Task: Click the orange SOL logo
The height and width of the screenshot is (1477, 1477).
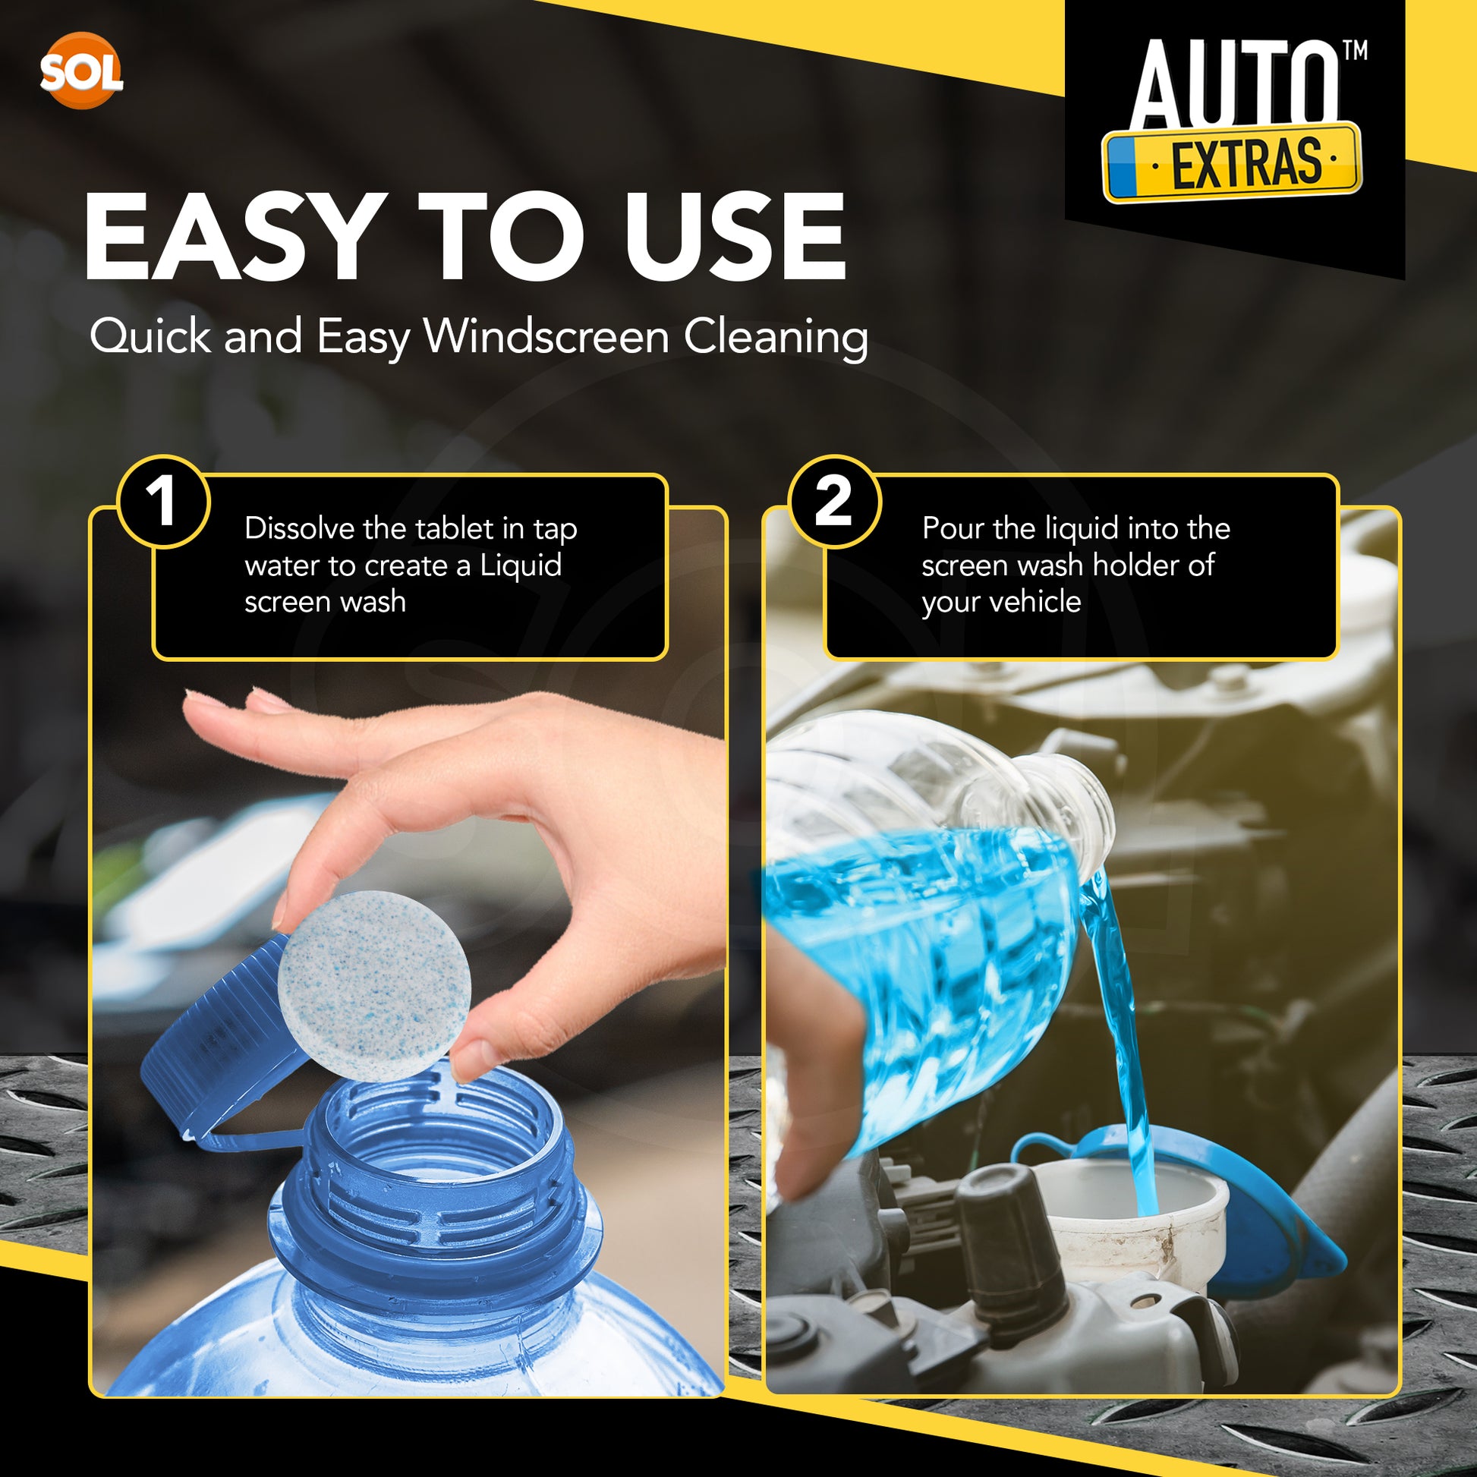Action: pyautogui.click(x=81, y=71)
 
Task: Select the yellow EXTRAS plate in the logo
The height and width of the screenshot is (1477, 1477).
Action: pyautogui.click(x=1232, y=163)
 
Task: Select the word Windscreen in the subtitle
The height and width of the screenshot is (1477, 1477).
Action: pyautogui.click(x=546, y=335)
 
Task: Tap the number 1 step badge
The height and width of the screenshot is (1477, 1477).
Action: pyautogui.click(x=163, y=502)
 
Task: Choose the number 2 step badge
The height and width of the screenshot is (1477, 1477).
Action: pyautogui.click(x=834, y=502)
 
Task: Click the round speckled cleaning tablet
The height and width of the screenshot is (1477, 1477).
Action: pyautogui.click(x=375, y=986)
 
